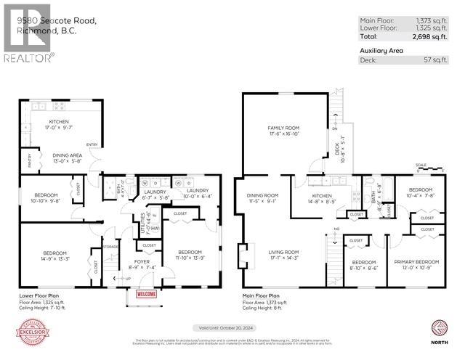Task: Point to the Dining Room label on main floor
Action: (x=262, y=197)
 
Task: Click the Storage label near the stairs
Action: (x=110, y=246)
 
